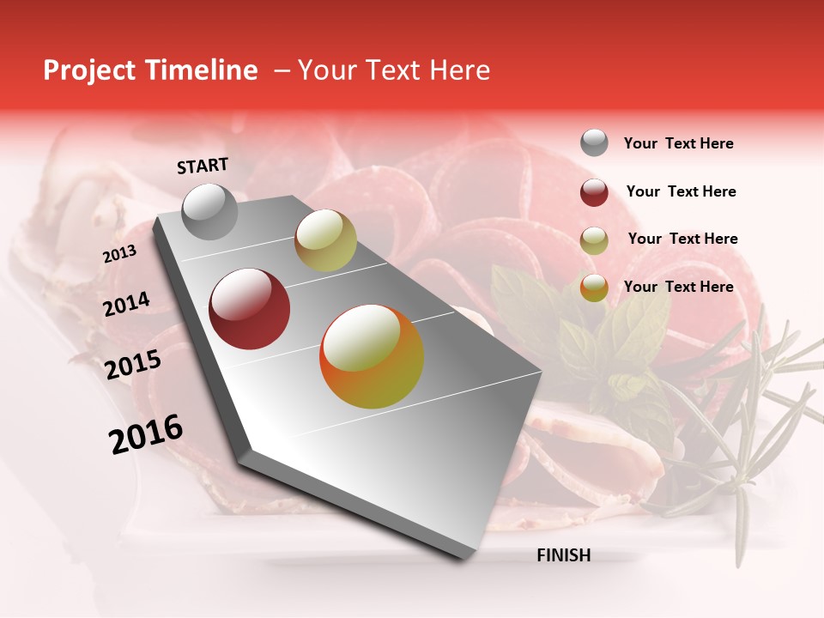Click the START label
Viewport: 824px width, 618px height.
pyautogui.click(x=203, y=166)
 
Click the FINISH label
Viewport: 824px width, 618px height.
pyautogui.click(x=563, y=555)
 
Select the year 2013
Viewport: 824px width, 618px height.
pyautogui.click(x=119, y=254)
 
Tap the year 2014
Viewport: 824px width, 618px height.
pyautogui.click(x=126, y=305)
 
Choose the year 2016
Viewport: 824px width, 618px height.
pyautogui.click(x=146, y=434)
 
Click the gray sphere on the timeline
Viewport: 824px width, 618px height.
pyautogui.click(x=210, y=211)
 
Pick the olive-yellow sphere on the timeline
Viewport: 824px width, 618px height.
pyautogui.click(x=325, y=240)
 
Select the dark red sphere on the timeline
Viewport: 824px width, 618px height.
pyautogui.click(x=250, y=309)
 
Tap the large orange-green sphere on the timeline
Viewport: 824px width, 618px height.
pyautogui.click(x=372, y=356)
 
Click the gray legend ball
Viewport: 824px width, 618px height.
pyautogui.click(x=594, y=143)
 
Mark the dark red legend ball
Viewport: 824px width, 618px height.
pyautogui.click(x=594, y=192)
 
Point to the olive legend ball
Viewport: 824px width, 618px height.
pyautogui.click(x=594, y=240)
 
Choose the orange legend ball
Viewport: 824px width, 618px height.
pyautogui.click(x=594, y=288)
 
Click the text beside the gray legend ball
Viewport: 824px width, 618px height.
pyautogui.click(x=678, y=143)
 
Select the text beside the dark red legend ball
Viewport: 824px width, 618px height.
pyautogui.click(x=681, y=191)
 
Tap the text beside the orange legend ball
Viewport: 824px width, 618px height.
pyautogui.click(x=678, y=287)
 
